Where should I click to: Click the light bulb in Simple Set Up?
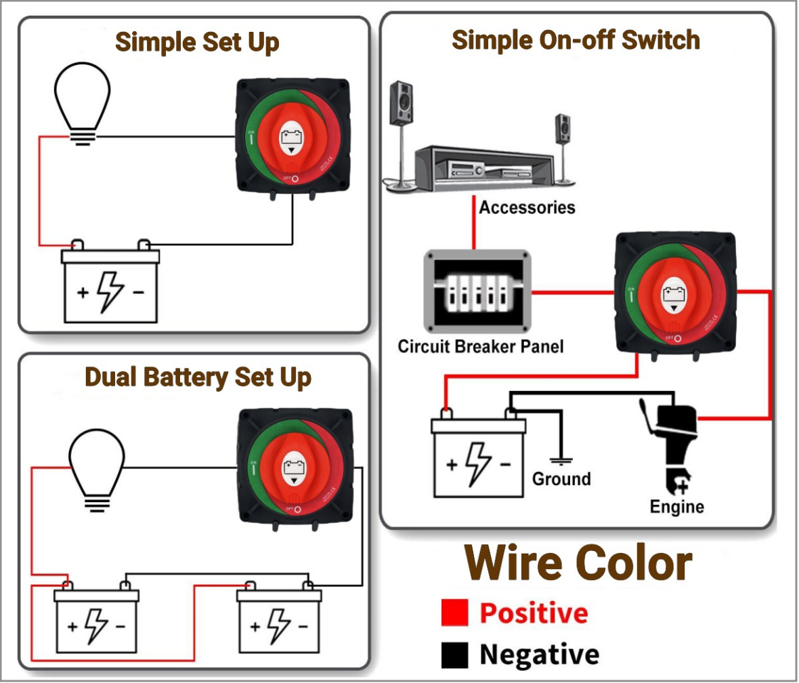point(82,102)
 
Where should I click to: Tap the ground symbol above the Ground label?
point(560,461)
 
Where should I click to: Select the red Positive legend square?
point(454,613)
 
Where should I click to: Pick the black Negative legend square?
point(454,655)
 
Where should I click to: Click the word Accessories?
point(527,207)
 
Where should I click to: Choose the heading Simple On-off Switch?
point(576,40)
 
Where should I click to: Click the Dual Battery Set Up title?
point(198,377)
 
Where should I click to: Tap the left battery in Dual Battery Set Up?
point(96,620)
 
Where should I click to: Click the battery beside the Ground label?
point(479,458)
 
